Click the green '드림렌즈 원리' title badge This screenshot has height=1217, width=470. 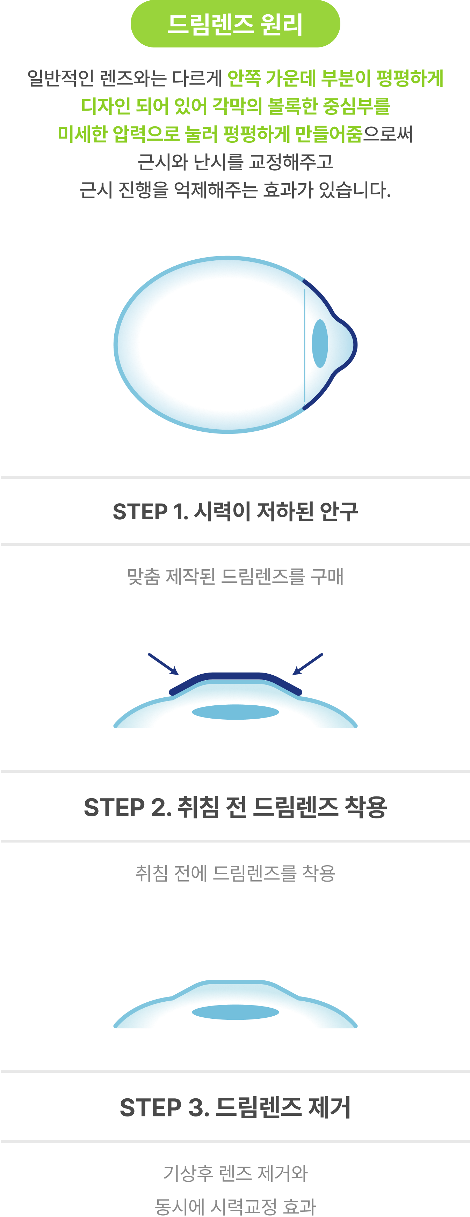tap(235, 24)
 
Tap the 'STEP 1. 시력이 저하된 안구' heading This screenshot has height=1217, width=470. tap(235, 511)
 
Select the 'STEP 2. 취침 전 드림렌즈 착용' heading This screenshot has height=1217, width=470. tap(235, 807)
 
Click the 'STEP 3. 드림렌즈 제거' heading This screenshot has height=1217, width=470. tap(235, 1107)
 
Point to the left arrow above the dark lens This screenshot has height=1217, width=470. tap(164, 664)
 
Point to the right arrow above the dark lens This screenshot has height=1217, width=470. tap(308, 664)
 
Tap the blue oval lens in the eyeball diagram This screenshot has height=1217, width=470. tap(320, 343)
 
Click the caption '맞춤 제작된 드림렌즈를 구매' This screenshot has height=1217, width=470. tap(235, 576)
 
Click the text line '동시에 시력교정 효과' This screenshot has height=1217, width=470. tap(235, 1206)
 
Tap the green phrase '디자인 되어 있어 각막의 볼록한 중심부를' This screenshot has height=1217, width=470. tap(235, 106)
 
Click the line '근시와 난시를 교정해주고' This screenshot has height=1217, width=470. tap(235, 162)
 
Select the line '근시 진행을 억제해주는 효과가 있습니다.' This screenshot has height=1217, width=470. tap(235, 190)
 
